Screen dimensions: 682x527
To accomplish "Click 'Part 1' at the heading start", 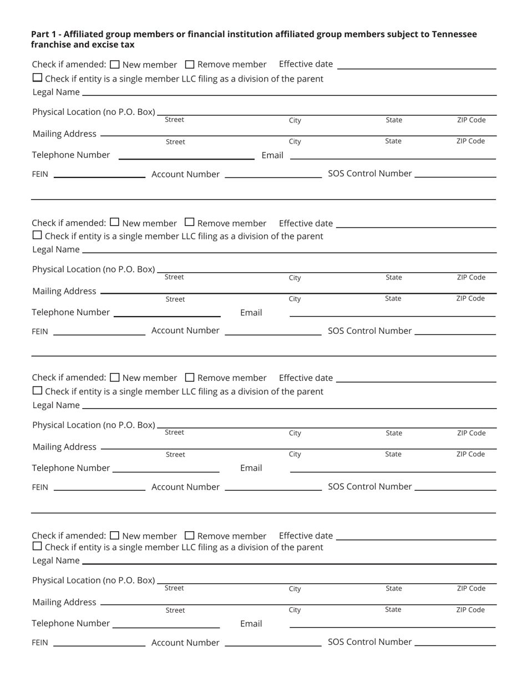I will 43,34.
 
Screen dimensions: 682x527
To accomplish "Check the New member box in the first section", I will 115,64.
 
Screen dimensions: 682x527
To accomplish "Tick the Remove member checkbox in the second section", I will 190,222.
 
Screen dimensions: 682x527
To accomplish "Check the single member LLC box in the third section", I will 37,390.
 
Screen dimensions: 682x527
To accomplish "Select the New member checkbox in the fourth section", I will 115,536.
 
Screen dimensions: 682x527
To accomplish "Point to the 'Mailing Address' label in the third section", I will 64,447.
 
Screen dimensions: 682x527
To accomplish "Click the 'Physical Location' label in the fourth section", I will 93,581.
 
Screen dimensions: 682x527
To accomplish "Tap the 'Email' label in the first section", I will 272,155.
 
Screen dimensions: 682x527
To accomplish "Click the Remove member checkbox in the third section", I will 190,378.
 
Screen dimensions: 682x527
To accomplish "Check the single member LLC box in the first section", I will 37,78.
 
